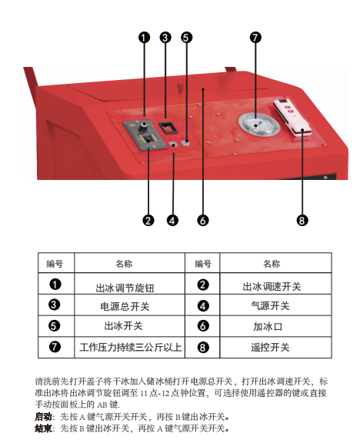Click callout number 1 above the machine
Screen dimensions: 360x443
144,37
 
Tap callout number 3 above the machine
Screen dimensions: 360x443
165,37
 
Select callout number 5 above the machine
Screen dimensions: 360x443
186,37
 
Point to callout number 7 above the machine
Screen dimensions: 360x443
255,37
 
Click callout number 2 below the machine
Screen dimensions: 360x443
148,221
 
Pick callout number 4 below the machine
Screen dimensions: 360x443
172,221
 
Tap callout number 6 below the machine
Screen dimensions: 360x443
203,221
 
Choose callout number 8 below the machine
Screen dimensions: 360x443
302,221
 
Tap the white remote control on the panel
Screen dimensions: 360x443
292,118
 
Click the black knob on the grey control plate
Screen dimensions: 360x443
143,125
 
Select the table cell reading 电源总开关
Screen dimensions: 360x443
125,307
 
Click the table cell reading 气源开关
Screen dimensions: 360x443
271,306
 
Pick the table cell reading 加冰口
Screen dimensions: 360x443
268,327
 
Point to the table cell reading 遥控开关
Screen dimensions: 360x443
270,348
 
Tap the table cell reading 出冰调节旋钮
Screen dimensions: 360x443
125,288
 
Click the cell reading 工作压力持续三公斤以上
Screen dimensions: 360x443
130,347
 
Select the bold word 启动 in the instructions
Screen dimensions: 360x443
43,417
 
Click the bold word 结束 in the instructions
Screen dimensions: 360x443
43,428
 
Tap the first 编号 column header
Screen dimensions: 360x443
55,264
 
